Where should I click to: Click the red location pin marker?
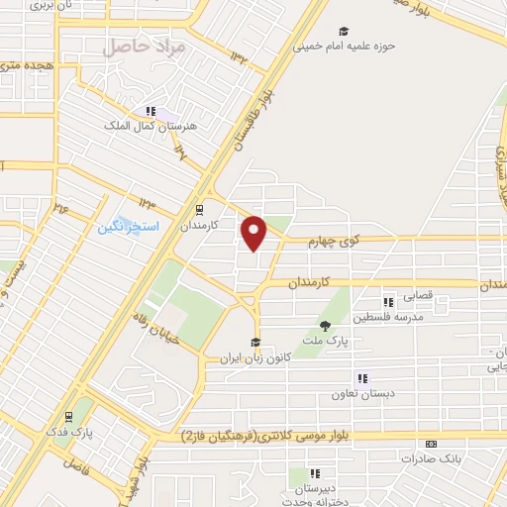255,232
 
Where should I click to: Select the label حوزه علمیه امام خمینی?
343,46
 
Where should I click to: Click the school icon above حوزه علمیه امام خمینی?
344,31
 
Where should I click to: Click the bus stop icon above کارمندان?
200,210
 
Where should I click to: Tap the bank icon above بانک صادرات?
430,444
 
